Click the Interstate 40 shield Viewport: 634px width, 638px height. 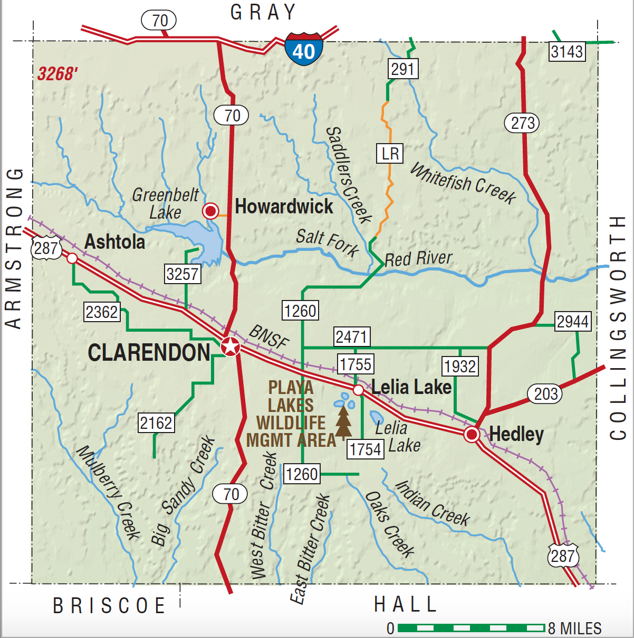coord(303,49)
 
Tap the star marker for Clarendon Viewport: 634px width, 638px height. coord(230,347)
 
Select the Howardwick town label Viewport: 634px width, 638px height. coord(284,207)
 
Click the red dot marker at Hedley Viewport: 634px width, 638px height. coord(472,435)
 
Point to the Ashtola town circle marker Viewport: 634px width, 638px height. coord(72,258)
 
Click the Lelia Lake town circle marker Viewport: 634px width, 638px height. coord(358,390)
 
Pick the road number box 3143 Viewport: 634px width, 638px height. coord(567,52)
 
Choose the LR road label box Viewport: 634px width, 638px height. coord(390,154)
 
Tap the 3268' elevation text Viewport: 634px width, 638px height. coord(57,74)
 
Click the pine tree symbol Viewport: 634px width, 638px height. coord(344,420)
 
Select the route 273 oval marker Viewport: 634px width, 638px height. coord(523,123)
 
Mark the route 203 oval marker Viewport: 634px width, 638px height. coord(545,393)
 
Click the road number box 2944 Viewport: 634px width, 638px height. coord(573,321)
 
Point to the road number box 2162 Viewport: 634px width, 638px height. coord(156,423)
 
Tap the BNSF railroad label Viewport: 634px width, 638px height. coord(268,336)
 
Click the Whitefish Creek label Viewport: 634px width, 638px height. coord(463,183)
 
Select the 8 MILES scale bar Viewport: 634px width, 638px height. coord(470,628)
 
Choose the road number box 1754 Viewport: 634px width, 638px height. coord(366,449)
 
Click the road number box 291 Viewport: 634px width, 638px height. coord(403,69)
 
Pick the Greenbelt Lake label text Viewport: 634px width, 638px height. coord(165,203)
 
